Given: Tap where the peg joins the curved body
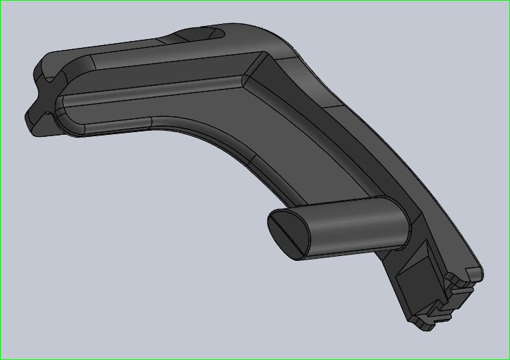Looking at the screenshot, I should [x=404, y=222].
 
